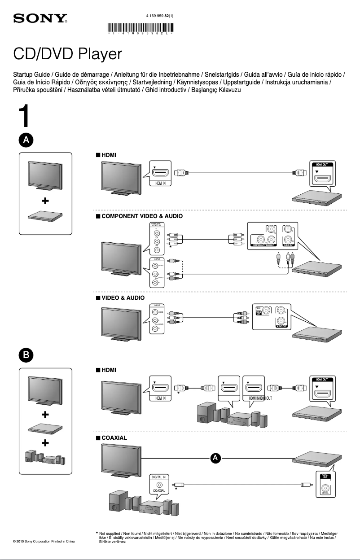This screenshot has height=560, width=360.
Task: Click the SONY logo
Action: click(40, 19)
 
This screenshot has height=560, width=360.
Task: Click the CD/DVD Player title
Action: click(67, 54)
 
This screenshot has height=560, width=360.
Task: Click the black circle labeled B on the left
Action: click(26, 354)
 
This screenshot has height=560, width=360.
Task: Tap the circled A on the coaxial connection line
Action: click(215, 458)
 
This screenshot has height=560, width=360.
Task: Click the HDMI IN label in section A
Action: click(160, 183)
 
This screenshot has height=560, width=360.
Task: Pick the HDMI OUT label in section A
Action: click(321, 165)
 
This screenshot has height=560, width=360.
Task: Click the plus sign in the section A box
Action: click(45, 202)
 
